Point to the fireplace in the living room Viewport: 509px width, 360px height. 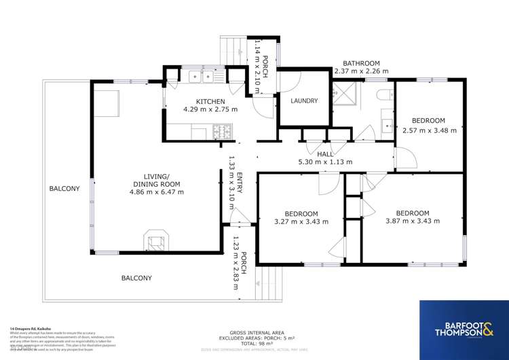[155, 240]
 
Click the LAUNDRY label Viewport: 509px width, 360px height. [304, 101]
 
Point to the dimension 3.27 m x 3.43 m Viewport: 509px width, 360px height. [301, 221]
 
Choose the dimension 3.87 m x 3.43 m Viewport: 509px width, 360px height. [412, 221]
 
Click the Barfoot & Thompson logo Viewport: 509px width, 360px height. [464, 329]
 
